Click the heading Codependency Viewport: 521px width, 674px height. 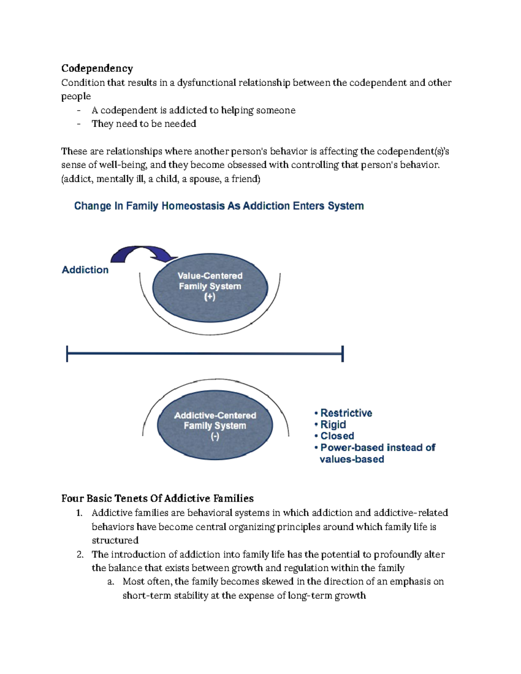pyautogui.click(x=97, y=68)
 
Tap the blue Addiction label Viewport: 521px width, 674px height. pyautogui.click(x=85, y=270)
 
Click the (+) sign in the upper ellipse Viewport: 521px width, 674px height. pyautogui.click(x=210, y=297)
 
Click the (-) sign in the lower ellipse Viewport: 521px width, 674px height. pyautogui.click(x=215, y=437)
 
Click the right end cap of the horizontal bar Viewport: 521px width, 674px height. pyautogui.click(x=343, y=354)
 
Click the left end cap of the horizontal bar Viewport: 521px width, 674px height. pyautogui.click(x=67, y=354)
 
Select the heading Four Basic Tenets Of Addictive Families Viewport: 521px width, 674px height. pyautogui.click(x=157, y=498)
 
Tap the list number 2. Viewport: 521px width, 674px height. pyautogui.click(x=79, y=554)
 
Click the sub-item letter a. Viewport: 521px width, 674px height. pyautogui.click(x=110, y=582)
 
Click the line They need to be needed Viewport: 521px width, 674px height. pyautogui.click(x=144, y=124)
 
